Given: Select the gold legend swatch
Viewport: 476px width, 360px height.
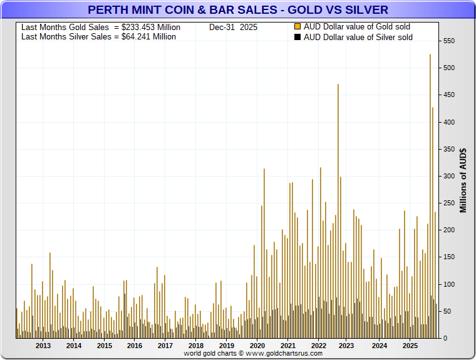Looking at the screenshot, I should pyautogui.click(x=297, y=27).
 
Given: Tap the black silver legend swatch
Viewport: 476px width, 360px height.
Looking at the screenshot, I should pyautogui.click(x=297, y=37).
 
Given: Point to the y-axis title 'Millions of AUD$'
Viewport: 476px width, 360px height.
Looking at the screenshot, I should pyautogui.click(x=463, y=180).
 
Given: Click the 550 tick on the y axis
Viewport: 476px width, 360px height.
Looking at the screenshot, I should pyautogui.click(x=448, y=41).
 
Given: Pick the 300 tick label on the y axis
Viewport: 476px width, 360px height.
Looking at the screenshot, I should pyautogui.click(x=448, y=176).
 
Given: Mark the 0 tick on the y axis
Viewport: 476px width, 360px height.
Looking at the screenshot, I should pyautogui.click(x=444, y=338).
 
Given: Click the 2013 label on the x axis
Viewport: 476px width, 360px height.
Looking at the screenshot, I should pyautogui.click(x=43, y=346).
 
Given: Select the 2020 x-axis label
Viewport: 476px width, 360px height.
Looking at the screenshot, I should pyautogui.click(x=257, y=346).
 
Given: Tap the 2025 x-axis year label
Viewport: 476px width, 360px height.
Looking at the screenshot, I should pyautogui.click(x=410, y=346).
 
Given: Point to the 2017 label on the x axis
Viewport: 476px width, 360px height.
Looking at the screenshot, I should pyautogui.click(x=165, y=346).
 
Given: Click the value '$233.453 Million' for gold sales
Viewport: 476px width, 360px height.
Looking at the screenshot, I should pyautogui.click(x=151, y=28).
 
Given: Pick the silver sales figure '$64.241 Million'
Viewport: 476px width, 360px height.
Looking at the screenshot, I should pyautogui.click(x=148, y=37).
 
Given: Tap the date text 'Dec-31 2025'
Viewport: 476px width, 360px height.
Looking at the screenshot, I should pyautogui.click(x=233, y=28).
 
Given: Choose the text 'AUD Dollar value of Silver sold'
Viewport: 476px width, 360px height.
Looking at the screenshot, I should pyautogui.click(x=358, y=37).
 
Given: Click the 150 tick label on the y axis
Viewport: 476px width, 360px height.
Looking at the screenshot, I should pyautogui.click(x=448, y=95).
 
